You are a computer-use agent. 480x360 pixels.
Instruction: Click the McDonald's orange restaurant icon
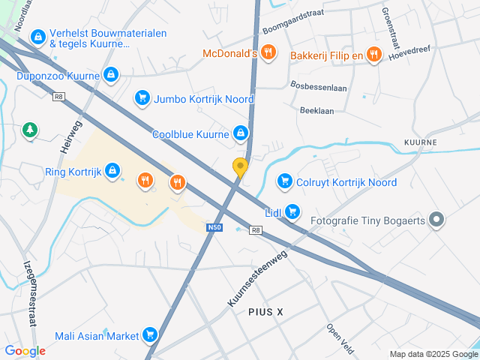point(270,53)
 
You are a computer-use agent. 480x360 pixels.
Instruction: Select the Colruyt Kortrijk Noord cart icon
point(284,181)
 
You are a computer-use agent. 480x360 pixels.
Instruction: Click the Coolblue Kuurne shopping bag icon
point(240,134)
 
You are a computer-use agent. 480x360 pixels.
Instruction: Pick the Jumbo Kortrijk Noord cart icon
point(142,98)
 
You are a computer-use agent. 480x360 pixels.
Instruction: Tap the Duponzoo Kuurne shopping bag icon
point(111,74)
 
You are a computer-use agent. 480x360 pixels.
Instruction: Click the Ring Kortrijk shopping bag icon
point(112,170)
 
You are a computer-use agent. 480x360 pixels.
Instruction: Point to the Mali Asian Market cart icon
point(151,334)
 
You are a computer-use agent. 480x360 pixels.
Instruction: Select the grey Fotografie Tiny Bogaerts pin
point(439,220)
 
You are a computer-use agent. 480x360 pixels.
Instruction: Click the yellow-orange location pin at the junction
point(240,167)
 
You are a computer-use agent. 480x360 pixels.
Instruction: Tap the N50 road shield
point(214,226)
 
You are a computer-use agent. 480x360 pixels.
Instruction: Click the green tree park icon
point(30,130)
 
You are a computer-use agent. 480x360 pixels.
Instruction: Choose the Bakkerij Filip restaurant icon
point(375,55)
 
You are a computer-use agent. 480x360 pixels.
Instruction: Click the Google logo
point(25,350)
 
